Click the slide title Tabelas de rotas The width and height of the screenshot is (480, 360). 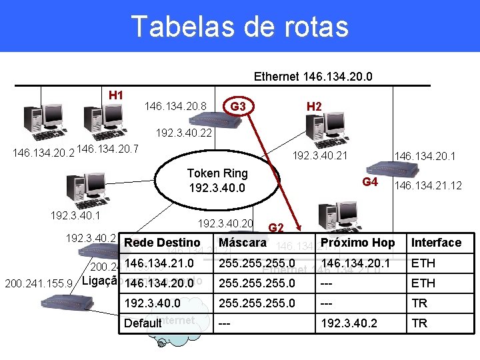239,27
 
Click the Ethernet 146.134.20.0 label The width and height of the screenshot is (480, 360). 313,77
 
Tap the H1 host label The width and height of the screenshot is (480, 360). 116,95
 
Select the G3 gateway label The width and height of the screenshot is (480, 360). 237,106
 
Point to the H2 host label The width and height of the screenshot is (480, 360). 314,106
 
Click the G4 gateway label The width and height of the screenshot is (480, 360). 370,183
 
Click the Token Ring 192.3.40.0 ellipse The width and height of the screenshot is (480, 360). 218,181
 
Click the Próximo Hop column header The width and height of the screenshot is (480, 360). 357,243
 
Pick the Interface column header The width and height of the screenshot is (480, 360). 436,243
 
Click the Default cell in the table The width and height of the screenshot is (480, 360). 143,323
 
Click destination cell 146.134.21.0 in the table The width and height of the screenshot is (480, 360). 159,263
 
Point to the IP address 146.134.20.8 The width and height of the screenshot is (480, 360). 175,106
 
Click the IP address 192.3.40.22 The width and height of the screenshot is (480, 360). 183,133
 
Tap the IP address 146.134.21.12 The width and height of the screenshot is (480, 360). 428,185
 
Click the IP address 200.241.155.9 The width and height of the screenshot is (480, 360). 39,283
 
